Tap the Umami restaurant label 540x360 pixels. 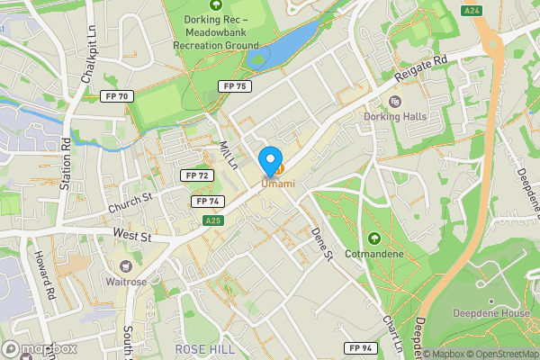coord(278,184)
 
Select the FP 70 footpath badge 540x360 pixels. coord(119,96)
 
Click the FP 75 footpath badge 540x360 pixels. coord(233,85)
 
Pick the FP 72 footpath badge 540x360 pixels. coord(195,175)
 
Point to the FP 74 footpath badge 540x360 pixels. coord(208,202)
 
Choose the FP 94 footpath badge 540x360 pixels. coord(358,347)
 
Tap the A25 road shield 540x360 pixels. coord(212,220)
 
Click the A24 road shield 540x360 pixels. coord(471,10)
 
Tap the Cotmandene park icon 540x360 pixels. coord(373,238)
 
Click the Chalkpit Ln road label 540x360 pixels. coord(90,61)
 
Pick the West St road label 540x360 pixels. coord(130,233)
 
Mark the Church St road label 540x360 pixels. coord(131,202)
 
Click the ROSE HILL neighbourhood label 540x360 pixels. coord(205,348)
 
